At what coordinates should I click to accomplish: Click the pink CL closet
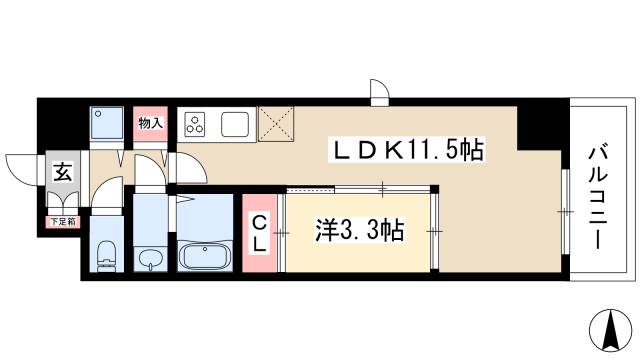[x=258, y=233]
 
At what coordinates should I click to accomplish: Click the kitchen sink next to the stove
[x=237, y=126]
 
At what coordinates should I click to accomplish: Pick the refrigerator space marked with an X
[x=275, y=124]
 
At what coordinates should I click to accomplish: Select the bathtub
[x=206, y=255]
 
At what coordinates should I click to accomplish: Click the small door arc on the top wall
[x=380, y=93]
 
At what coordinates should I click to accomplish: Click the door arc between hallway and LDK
[x=186, y=165]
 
